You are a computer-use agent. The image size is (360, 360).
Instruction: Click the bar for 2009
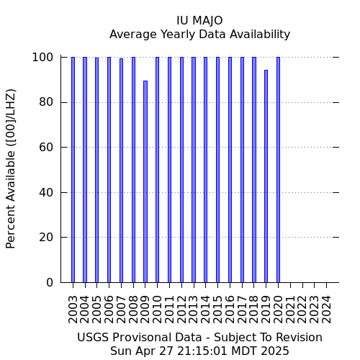(x=145, y=181)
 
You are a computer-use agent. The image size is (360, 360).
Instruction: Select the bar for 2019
(x=266, y=176)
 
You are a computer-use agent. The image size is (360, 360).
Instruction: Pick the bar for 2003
(x=73, y=170)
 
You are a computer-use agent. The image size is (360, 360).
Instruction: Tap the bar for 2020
(x=278, y=170)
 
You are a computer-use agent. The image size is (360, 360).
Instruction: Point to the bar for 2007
(x=121, y=171)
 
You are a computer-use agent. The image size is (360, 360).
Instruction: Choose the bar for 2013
(x=194, y=170)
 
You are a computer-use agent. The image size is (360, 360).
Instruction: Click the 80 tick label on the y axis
(x=46, y=102)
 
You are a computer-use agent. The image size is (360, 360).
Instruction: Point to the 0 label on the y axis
(x=50, y=282)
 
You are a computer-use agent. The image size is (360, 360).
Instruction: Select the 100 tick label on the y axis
(x=42, y=58)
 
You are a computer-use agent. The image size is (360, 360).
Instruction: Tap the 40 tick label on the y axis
(x=46, y=192)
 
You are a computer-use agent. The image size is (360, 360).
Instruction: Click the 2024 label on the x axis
(x=326, y=310)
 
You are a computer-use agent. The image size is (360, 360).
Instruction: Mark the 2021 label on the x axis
(x=290, y=310)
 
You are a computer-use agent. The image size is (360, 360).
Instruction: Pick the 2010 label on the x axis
(x=157, y=310)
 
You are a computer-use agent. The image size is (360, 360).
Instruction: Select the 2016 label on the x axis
(x=230, y=310)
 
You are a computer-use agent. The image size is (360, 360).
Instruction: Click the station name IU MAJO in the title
(x=199, y=21)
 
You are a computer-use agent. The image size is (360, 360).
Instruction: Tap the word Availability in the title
(x=260, y=35)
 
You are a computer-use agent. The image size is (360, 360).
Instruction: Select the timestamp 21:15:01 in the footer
(x=202, y=351)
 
